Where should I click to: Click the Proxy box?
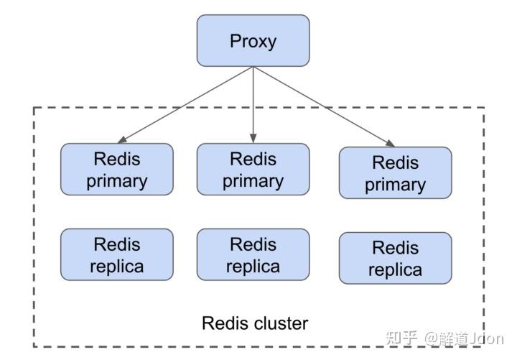(253, 40)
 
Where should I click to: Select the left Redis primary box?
(117, 170)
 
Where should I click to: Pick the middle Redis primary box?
(253, 170)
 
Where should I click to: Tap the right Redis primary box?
(396, 173)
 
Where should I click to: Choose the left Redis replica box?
(117, 254)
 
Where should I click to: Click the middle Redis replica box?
(253, 254)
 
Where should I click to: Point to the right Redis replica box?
(396, 258)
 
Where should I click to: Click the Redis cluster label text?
(255, 323)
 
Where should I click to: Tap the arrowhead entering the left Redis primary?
(122, 140)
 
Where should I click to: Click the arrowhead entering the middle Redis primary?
(253, 139)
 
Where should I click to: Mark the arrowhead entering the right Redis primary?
(390, 143)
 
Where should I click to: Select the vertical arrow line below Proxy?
(253, 105)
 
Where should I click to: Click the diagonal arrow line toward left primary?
(185, 105)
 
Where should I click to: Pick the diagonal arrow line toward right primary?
(324, 106)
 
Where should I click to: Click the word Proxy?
(253, 42)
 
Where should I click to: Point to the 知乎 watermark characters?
(401, 338)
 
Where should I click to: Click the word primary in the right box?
(396, 185)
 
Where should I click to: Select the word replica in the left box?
(117, 267)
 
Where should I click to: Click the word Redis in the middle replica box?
(253, 244)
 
